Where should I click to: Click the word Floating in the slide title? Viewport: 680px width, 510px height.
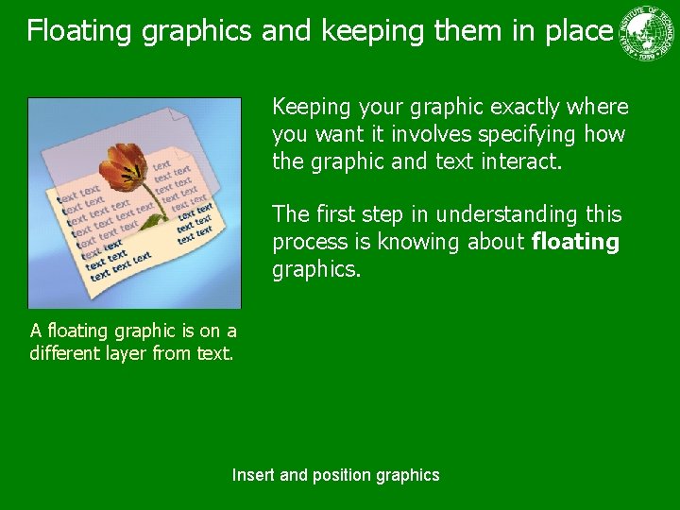(79, 31)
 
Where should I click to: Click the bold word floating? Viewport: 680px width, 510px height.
(575, 243)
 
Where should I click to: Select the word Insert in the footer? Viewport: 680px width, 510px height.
(254, 475)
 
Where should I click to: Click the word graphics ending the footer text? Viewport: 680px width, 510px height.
(408, 475)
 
